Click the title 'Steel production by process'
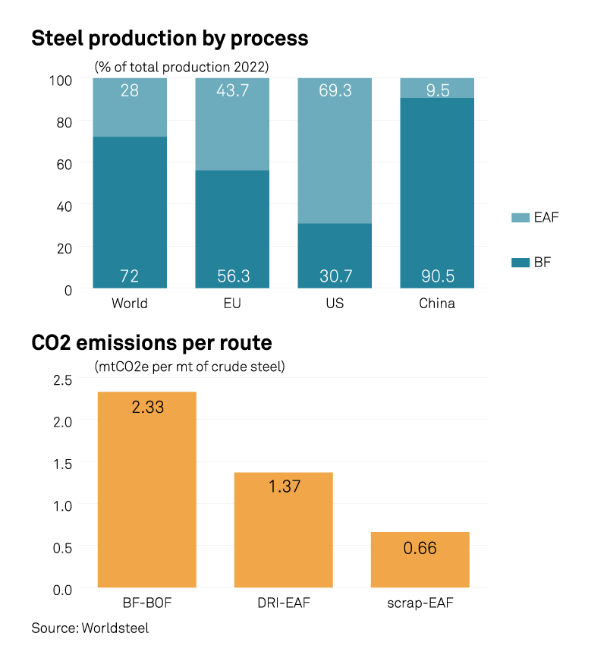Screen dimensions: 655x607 (x=169, y=38)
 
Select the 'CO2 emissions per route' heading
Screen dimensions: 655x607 (x=151, y=343)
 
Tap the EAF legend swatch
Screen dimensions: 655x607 (x=520, y=218)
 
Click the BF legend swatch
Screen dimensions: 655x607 (x=520, y=263)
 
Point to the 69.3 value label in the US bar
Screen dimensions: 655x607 (x=335, y=91)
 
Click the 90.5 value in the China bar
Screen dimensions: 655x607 (x=437, y=276)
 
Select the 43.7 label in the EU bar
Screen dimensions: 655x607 (x=232, y=91)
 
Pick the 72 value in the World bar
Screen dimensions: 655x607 (x=130, y=276)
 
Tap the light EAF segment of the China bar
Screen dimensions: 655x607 (x=437, y=87)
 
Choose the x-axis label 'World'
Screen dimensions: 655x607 (x=130, y=304)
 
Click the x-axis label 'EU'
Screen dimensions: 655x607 (x=232, y=304)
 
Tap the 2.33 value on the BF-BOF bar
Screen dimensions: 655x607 (x=147, y=407)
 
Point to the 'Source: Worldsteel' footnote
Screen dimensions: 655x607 (x=90, y=628)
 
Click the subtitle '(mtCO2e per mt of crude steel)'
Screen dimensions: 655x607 (x=190, y=367)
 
